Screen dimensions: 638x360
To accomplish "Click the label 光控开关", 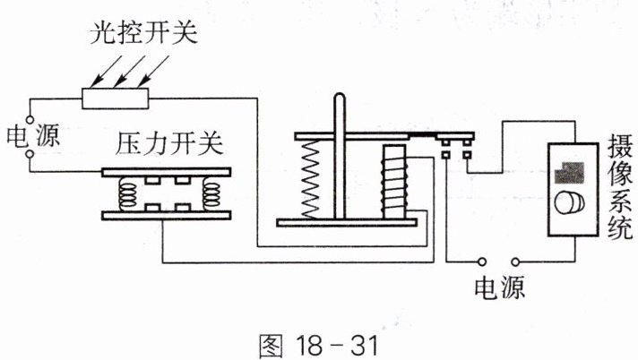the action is click(x=143, y=32).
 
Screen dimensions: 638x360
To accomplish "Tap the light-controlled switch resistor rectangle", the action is click(x=116, y=98).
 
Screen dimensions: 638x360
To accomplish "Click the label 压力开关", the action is click(x=169, y=142).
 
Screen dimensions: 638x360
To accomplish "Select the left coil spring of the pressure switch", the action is click(x=128, y=195).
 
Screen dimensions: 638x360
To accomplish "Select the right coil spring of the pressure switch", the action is click(x=211, y=195).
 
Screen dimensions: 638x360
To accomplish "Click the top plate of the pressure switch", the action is click(x=167, y=172).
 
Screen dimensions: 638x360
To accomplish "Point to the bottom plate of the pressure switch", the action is click(x=167, y=215).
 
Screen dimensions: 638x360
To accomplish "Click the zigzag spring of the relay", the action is click(x=310, y=179).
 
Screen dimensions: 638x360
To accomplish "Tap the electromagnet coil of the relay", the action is click(x=394, y=183).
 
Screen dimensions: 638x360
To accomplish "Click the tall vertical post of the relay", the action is click(x=340, y=156).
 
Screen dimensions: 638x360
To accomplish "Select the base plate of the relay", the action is click(x=347, y=222).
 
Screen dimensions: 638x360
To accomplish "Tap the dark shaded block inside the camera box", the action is click(x=570, y=172).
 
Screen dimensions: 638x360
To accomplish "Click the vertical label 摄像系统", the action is click(x=620, y=187).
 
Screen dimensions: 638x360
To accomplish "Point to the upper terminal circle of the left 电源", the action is click(x=30, y=120).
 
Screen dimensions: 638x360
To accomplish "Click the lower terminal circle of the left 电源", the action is click(x=30, y=154).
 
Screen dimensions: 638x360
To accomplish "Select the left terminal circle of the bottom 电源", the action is click(x=482, y=262).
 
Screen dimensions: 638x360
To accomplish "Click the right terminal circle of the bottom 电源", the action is click(x=515, y=262).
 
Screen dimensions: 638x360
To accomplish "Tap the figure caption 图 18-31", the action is click(x=319, y=347).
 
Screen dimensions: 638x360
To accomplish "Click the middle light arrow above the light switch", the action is click(x=129, y=71).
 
